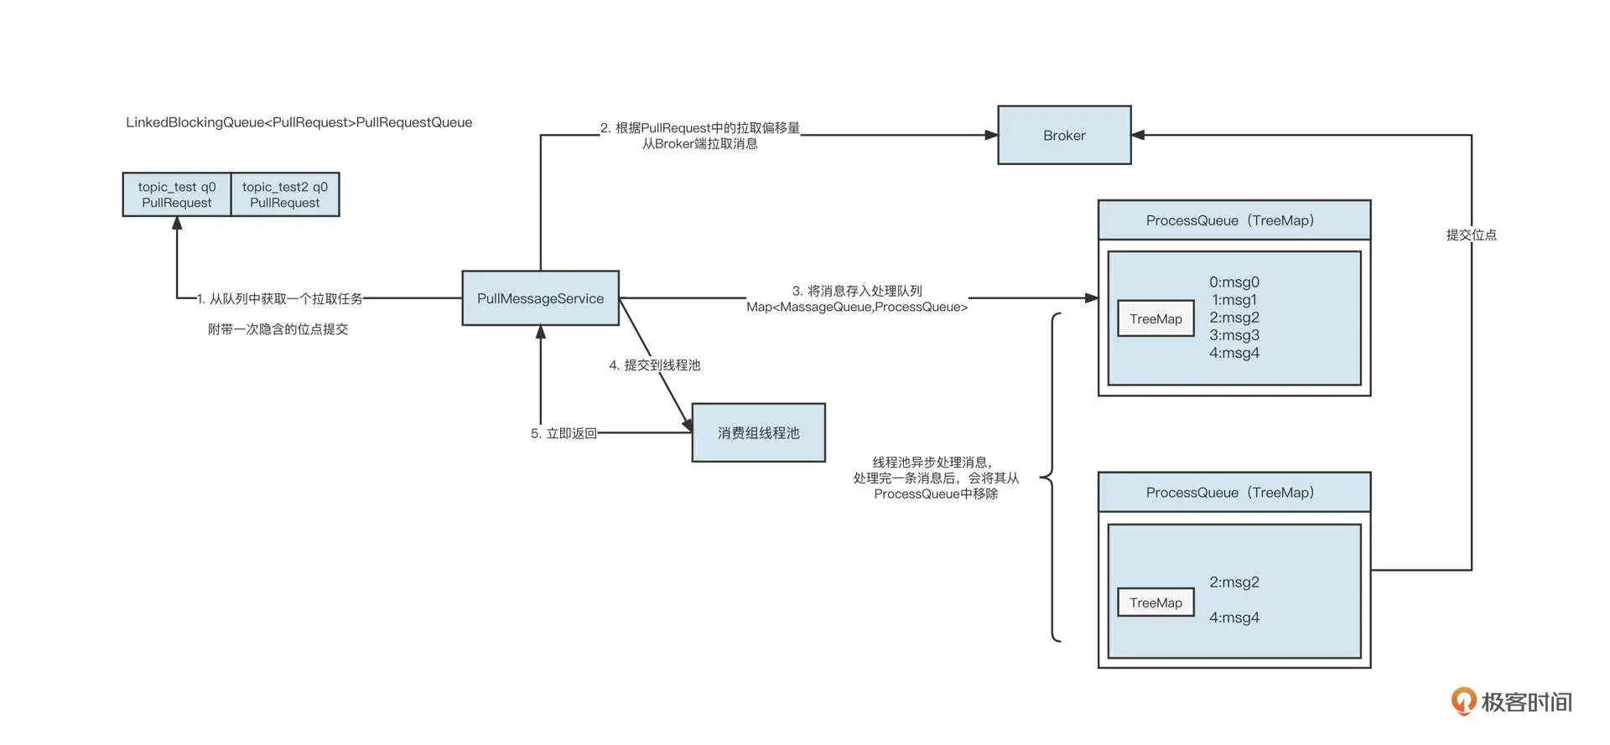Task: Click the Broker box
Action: [1063, 135]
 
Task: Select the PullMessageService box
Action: [540, 298]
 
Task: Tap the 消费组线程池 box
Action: [758, 432]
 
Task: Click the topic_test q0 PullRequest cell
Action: [177, 194]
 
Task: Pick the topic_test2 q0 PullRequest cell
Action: [285, 194]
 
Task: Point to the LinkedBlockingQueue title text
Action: [299, 122]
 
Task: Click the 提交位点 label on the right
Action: [1471, 235]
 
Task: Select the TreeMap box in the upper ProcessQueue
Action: [1156, 318]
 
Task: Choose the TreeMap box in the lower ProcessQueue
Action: [1156, 603]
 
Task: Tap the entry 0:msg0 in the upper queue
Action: [1233, 282]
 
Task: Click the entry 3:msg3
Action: [1233, 335]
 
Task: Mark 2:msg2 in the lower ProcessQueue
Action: [1233, 582]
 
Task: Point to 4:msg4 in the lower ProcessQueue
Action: [1233, 618]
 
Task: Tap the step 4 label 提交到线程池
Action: [655, 365]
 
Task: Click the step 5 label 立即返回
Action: [563, 433]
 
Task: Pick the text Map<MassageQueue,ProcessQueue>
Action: [857, 308]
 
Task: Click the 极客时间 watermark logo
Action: [1512, 701]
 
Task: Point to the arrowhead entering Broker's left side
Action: [991, 135]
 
